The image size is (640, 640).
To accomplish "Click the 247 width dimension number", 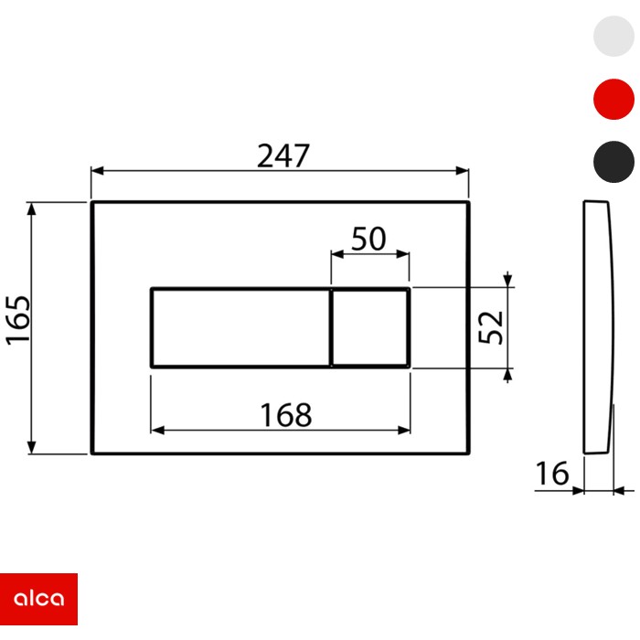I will pyautogui.click(x=283, y=155).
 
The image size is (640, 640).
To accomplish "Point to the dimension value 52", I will pyautogui.click(x=492, y=326).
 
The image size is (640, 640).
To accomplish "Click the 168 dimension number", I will pyautogui.click(x=284, y=414).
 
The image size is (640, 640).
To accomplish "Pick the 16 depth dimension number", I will pyautogui.click(x=551, y=474).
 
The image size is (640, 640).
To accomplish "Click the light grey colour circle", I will pyautogui.click(x=613, y=37).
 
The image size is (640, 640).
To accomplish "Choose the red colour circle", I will pyautogui.click(x=613, y=99).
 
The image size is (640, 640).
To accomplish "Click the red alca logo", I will pyautogui.click(x=38, y=599).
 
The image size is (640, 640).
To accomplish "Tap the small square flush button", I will pyautogui.click(x=370, y=327).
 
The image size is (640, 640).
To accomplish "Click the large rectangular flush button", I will pyautogui.click(x=240, y=327).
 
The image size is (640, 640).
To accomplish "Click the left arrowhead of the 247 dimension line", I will pyautogui.click(x=96, y=171).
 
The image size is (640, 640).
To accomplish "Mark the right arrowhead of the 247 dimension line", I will pyautogui.click(x=463, y=171).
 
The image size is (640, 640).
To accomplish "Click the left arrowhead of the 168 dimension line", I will pyautogui.click(x=155, y=430).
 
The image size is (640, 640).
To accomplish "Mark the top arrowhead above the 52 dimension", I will pyautogui.click(x=507, y=280).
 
